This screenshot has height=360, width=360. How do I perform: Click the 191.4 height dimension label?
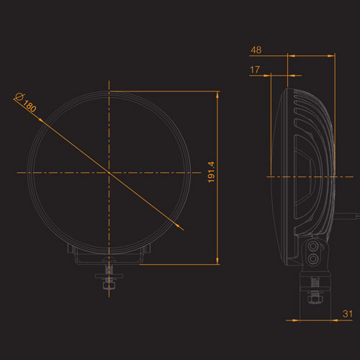click(x=211, y=172)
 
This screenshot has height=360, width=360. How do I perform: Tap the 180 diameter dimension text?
click(x=30, y=106)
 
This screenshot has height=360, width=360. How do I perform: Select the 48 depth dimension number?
click(x=256, y=50)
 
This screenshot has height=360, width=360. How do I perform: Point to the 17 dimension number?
click(x=255, y=70)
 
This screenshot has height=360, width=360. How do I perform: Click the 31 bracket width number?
click(x=348, y=314)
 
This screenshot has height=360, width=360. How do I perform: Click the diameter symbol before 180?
click(x=19, y=96)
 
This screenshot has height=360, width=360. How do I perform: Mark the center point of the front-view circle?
click(x=109, y=173)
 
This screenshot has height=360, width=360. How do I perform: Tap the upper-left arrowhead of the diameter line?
click(x=42, y=120)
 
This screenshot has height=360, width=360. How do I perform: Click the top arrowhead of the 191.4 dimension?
click(x=217, y=94)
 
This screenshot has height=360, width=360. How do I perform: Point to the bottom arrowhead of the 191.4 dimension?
click(x=217, y=261)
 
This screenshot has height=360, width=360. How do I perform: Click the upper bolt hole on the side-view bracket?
click(x=313, y=246)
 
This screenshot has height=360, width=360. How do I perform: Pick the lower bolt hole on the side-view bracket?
click(x=313, y=258)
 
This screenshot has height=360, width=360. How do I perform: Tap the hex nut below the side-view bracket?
click(x=314, y=300)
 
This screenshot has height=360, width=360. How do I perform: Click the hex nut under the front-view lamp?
click(x=109, y=285)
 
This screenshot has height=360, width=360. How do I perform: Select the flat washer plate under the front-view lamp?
click(x=109, y=276)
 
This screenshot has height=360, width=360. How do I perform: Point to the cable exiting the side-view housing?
click(x=346, y=215)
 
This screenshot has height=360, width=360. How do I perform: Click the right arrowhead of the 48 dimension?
click(x=331, y=56)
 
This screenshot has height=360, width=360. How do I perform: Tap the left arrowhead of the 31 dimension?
click(x=296, y=320)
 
